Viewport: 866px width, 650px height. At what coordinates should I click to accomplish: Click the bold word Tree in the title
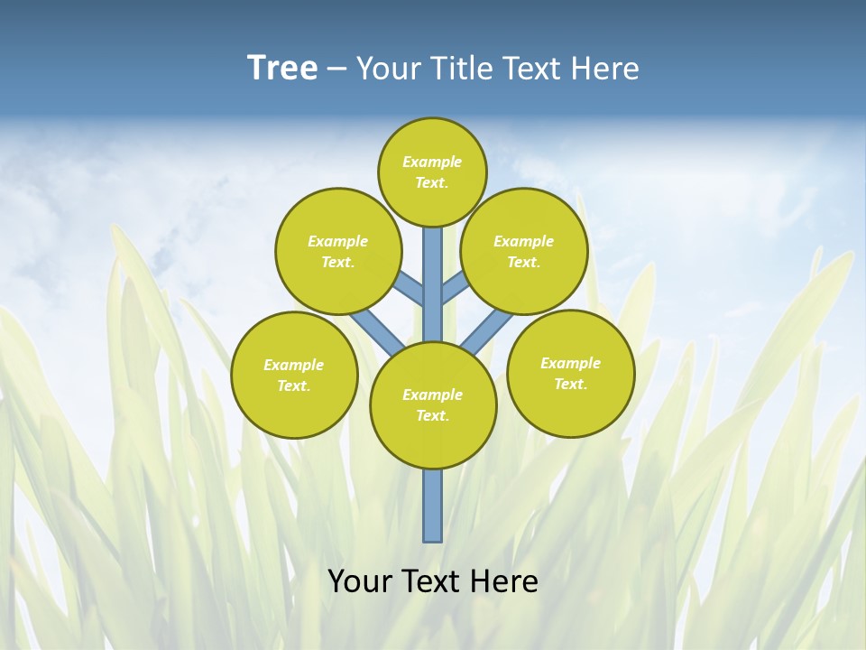[x=282, y=69]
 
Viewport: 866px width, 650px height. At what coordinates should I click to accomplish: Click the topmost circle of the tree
[x=432, y=172]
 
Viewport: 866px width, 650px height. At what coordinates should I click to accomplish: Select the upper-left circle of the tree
[x=338, y=251]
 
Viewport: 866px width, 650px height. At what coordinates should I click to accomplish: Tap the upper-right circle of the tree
[x=524, y=251]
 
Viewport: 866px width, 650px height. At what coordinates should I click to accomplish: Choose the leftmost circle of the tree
[x=294, y=375]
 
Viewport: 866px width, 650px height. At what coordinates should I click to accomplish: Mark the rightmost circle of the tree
[x=571, y=373]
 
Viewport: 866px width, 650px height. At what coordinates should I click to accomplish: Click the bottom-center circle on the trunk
[x=433, y=405]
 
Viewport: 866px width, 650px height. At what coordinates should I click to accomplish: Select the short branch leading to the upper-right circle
[x=454, y=288]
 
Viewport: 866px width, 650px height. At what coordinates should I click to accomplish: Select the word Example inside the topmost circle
[x=432, y=162]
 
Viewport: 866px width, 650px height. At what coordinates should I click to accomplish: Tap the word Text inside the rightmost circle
[x=570, y=384]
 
